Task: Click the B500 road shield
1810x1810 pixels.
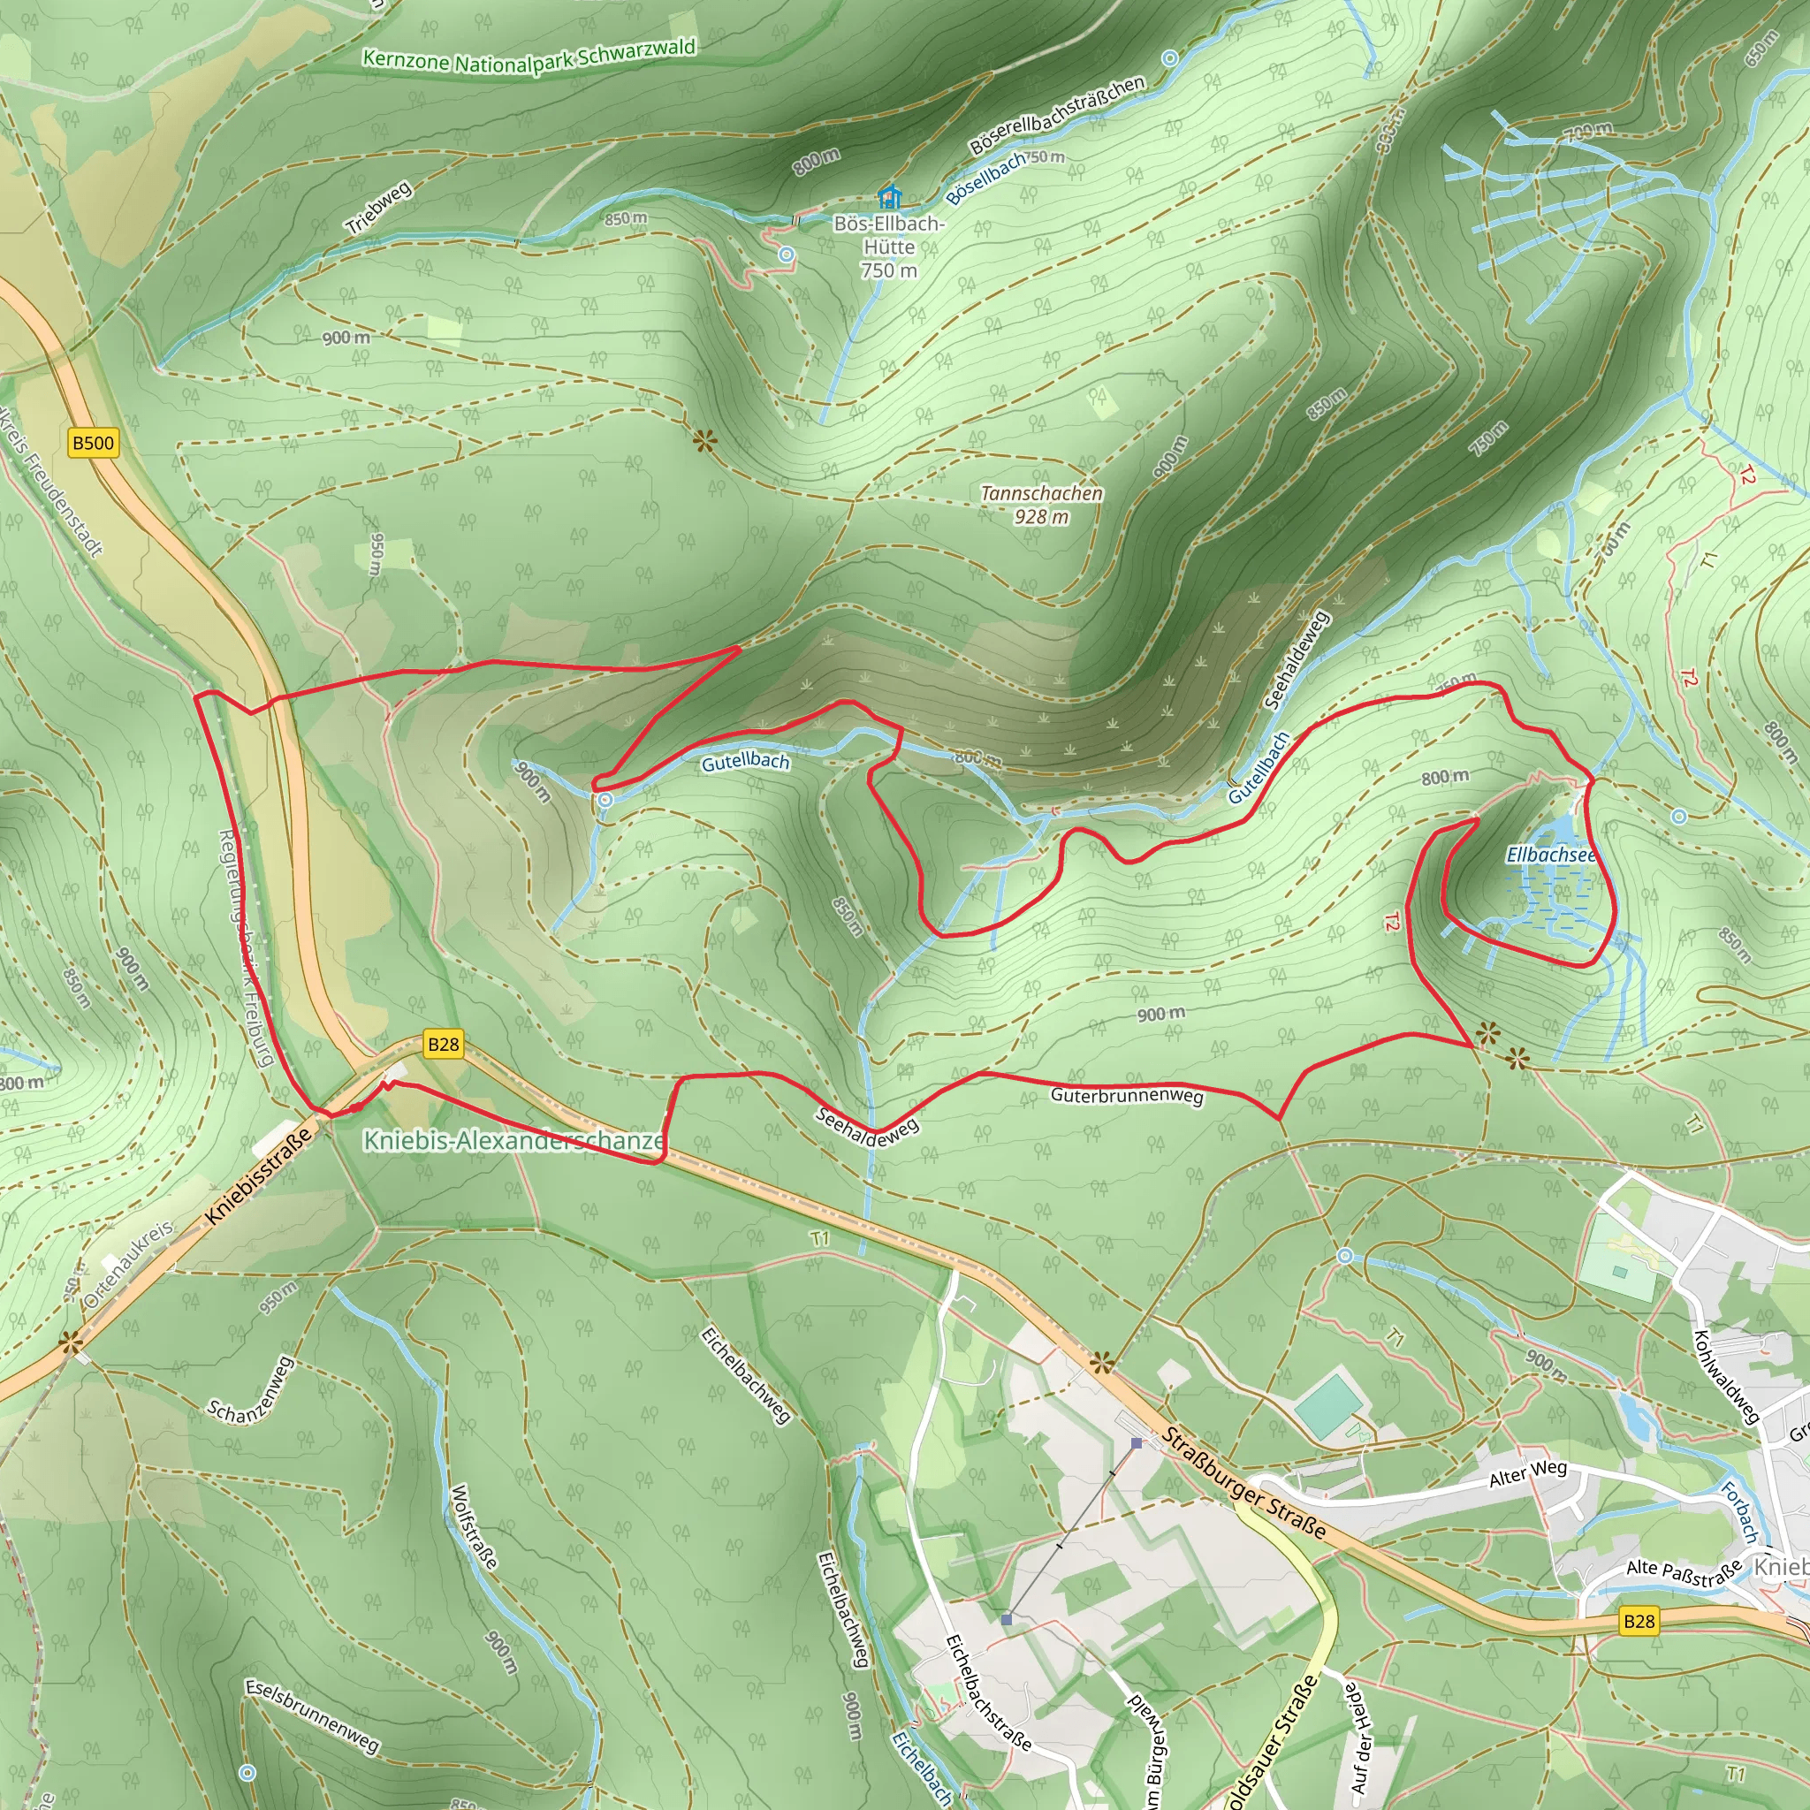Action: click(x=94, y=443)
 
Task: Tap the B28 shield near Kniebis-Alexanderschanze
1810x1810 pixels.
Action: click(x=443, y=1045)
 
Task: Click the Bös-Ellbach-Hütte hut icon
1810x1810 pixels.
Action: click(x=889, y=197)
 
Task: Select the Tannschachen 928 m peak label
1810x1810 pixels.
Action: click(x=1041, y=505)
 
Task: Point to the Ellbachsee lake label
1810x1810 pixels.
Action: click(x=1550, y=855)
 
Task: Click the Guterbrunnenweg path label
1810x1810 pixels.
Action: click(x=1126, y=1095)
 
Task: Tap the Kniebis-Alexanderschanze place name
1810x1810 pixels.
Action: click(x=514, y=1140)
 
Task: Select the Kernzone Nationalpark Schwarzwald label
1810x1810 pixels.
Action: click(x=529, y=57)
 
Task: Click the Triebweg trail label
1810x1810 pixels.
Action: click(x=378, y=208)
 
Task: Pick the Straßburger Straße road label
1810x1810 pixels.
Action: click(x=1244, y=1483)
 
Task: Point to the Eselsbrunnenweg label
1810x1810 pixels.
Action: click(x=312, y=1715)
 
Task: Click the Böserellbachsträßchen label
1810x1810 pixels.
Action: click(x=1057, y=114)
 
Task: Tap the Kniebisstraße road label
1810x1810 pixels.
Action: click(x=258, y=1176)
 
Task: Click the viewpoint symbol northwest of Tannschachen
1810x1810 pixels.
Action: click(x=704, y=439)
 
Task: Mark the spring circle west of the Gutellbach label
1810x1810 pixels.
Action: click(x=605, y=800)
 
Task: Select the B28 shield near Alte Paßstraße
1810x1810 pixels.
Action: click(x=1639, y=1621)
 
